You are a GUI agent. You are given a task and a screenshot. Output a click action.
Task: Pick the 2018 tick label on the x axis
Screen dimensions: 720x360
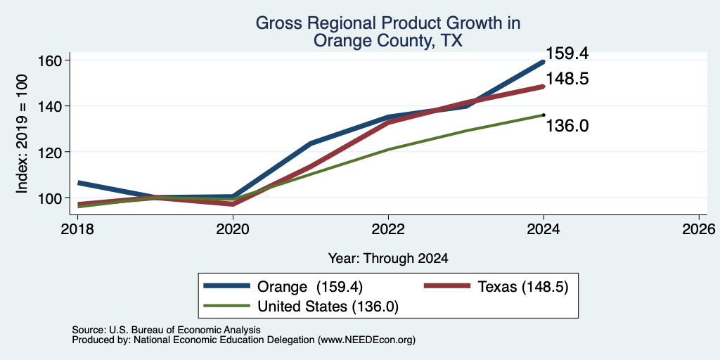click(77, 229)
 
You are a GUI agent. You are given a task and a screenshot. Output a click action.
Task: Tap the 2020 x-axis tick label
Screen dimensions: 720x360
click(233, 229)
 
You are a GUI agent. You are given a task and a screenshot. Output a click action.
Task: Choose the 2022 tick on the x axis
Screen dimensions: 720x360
click(388, 229)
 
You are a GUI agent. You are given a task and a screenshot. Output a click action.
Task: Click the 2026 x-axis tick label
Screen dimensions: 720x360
click(700, 229)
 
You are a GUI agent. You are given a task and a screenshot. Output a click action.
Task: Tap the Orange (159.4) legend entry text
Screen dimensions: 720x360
click(310, 287)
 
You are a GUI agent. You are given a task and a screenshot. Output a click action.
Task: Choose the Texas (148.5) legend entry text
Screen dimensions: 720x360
click(523, 287)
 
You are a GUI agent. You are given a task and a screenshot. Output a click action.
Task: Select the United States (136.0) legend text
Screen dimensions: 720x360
click(328, 307)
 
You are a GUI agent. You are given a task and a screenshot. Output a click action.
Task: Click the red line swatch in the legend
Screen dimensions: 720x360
click(446, 287)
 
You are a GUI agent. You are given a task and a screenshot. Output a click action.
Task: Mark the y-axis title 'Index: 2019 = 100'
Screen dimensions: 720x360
click(22, 134)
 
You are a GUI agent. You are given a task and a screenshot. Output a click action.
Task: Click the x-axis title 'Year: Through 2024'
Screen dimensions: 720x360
click(388, 259)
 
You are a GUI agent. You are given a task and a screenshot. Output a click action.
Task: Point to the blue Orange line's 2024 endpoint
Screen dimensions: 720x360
click(544, 61)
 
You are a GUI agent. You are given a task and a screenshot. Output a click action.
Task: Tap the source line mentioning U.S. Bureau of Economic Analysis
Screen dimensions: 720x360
click(166, 330)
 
